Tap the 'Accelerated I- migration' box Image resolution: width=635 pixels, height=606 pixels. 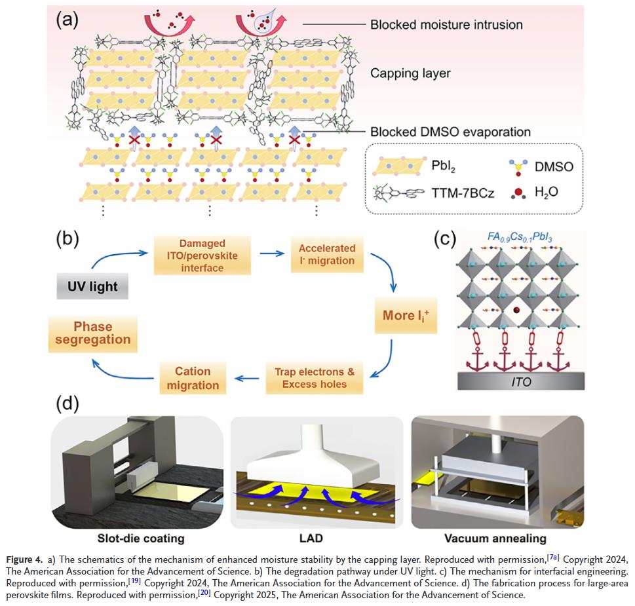click(326, 254)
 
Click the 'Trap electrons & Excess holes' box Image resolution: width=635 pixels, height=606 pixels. click(314, 377)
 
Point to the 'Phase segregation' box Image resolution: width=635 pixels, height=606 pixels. click(92, 333)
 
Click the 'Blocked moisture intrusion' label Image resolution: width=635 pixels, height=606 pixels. click(446, 26)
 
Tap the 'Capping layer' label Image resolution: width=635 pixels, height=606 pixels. click(410, 73)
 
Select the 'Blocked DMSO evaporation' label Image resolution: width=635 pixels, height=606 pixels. click(450, 132)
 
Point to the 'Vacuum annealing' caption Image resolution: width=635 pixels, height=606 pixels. click(495, 539)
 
